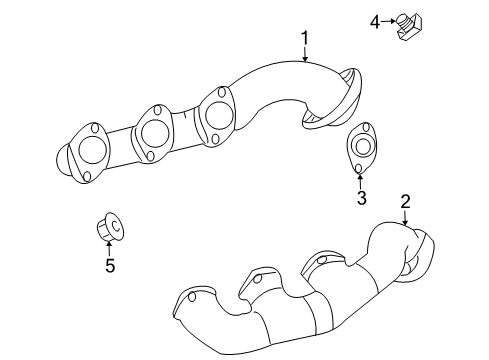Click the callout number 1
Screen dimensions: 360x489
(x=305, y=40)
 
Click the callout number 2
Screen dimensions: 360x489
(x=405, y=203)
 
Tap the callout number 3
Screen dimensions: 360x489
(x=362, y=197)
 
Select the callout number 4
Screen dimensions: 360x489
(x=376, y=20)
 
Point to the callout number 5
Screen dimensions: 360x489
(x=110, y=265)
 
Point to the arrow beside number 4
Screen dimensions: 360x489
(x=389, y=20)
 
